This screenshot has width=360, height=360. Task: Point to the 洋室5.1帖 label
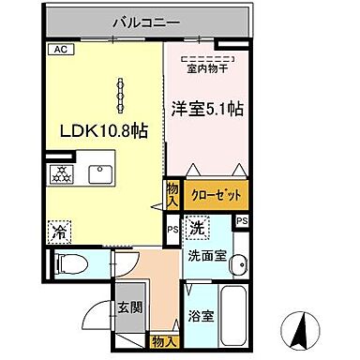[x=208, y=109]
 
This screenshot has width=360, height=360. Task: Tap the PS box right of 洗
[x=242, y=221]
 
